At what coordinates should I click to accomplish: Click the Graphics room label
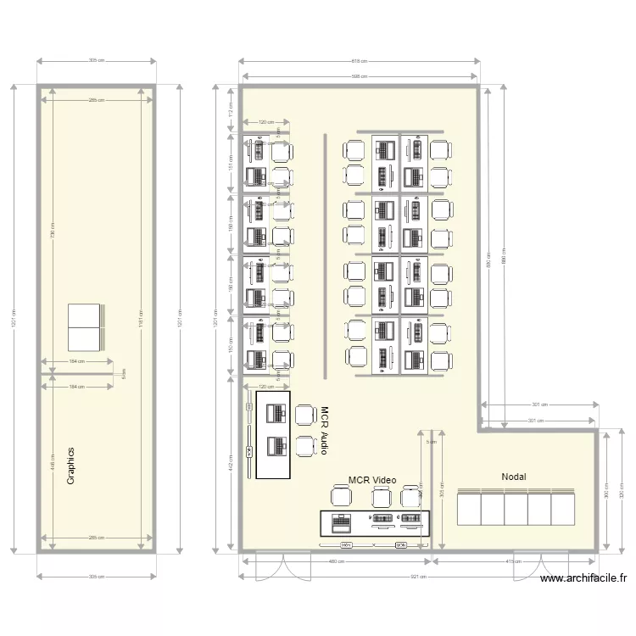pos(71,466)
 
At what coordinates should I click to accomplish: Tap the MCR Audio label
pos(323,430)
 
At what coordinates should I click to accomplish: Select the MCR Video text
pos(372,480)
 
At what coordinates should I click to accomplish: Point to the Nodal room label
pos(513,477)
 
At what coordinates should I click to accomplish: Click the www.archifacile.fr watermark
pos(584,578)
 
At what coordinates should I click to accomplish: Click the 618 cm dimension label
pos(359,61)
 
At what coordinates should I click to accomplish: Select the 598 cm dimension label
pos(359,77)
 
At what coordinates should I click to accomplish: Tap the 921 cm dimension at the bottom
pos(417,577)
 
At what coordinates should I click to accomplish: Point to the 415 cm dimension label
pos(514,561)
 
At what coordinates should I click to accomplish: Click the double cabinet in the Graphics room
pos(84,327)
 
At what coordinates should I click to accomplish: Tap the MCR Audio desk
pos(273,434)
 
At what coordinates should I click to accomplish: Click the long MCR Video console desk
pos(375,522)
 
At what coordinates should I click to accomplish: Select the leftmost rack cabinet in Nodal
pos(469,508)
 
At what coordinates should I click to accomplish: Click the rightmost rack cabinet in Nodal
pos(563,508)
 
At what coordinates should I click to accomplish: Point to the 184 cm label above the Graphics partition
pos(77,362)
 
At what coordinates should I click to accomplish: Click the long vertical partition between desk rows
pos(325,254)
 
